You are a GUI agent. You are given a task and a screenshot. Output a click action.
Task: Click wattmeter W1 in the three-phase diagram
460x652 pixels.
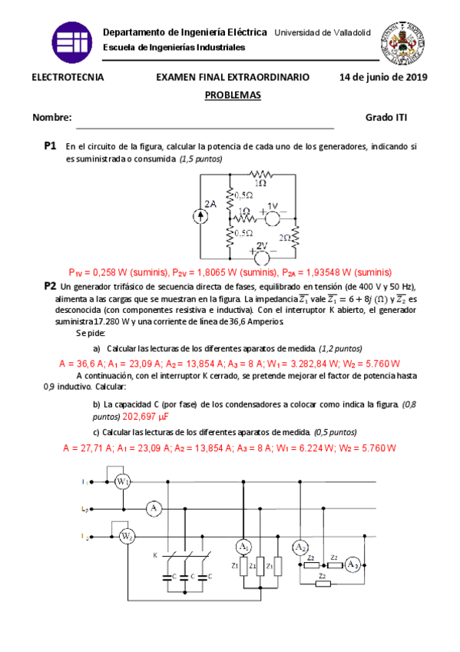click(x=123, y=481)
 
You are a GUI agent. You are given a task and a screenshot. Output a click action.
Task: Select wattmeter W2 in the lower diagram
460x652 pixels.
click(x=127, y=535)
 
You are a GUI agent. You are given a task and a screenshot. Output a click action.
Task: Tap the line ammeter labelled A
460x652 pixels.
click(x=154, y=508)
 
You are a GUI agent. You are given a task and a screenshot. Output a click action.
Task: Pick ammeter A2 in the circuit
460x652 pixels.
click(x=300, y=547)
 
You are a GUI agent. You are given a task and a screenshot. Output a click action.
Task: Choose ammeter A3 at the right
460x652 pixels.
click(x=352, y=564)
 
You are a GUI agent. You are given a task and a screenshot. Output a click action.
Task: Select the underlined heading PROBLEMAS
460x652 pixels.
click(x=233, y=95)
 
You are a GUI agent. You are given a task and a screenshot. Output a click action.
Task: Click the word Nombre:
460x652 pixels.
click(x=52, y=118)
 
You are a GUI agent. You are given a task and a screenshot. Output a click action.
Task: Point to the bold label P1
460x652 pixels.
click(x=51, y=145)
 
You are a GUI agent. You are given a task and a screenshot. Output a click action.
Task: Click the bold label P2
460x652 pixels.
click(x=51, y=285)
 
